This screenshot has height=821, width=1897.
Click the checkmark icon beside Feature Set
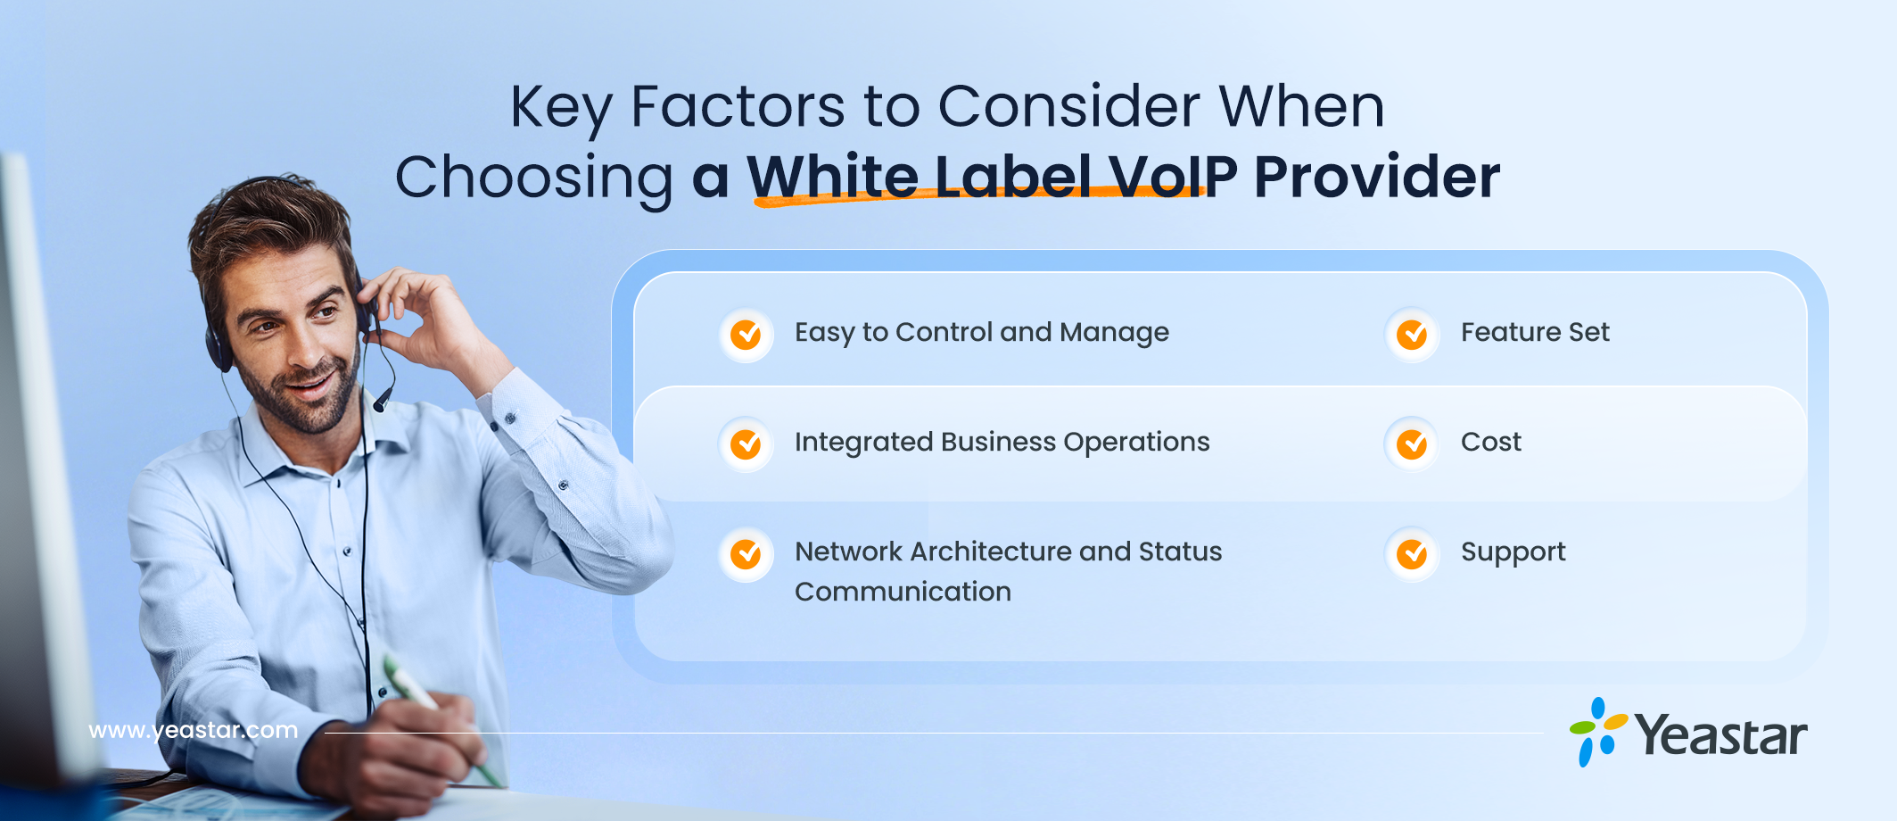pos(1412,335)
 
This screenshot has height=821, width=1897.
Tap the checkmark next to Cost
pos(1412,444)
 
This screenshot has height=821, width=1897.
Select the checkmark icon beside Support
pos(1412,554)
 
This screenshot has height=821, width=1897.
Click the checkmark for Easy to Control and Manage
pos(746,335)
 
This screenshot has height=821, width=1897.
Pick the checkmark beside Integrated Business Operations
pos(746,444)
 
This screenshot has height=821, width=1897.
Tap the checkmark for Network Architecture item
pos(746,554)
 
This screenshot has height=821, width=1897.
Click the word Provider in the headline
pos(1376,177)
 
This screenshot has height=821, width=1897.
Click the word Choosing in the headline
pos(534,178)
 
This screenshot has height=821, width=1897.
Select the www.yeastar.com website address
pos(194,730)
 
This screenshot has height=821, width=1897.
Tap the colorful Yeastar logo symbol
pos(1598,732)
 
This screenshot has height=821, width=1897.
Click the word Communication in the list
pos(903,592)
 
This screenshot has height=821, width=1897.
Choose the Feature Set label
pos(1535,332)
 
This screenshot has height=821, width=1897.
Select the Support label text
pos(1513,552)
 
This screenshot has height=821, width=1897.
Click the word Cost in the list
pos(1490,442)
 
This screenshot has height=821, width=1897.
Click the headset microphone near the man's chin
pos(383,398)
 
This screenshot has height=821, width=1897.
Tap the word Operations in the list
pos(1136,443)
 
